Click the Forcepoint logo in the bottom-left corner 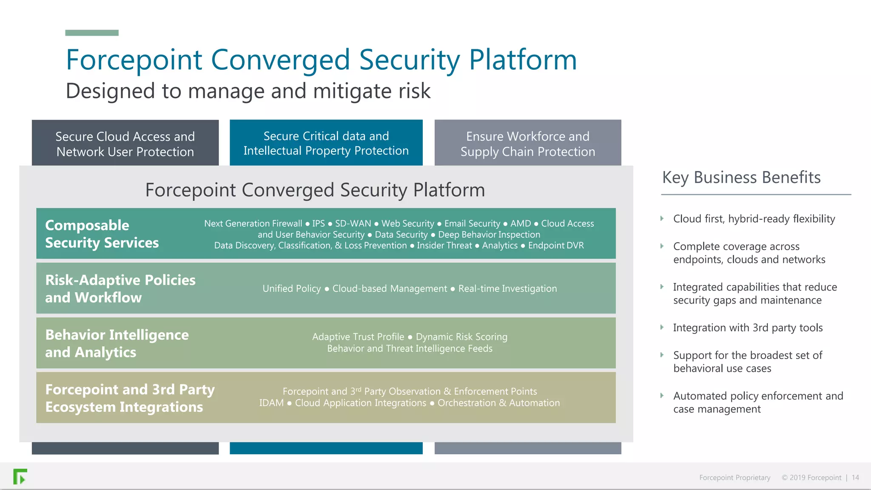[20, 476]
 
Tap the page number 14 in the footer [855, 478]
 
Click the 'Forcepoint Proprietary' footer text [734, 478]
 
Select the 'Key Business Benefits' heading [741, 177]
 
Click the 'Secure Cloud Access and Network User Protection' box [125, 144]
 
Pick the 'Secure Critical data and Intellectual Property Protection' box [326, 143]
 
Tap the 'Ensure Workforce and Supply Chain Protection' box [527, 144]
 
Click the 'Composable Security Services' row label [102, 234]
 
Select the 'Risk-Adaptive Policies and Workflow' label [120, 288]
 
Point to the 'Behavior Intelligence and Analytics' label [117, 343]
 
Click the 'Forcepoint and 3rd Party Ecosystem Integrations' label [130, 398]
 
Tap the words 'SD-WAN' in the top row [353, 223]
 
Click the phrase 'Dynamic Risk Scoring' [461, 337]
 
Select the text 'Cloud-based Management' [390, 288]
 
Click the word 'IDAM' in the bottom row [271, 403]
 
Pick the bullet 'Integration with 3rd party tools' [748, 328]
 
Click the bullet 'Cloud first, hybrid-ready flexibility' [754, 219]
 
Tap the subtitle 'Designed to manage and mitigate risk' [248, 91]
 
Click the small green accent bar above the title [92, 33]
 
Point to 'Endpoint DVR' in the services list [556, 245]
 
